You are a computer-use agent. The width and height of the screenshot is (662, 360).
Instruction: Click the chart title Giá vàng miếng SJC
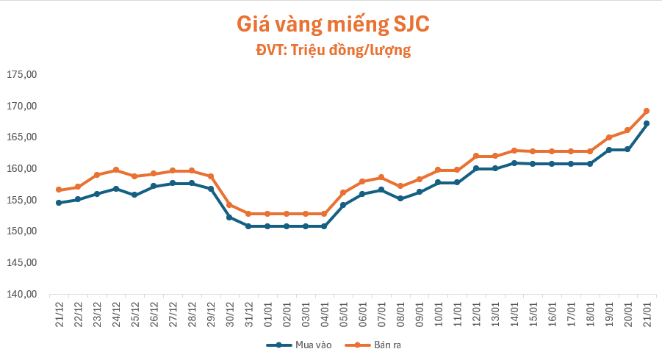(332, 24)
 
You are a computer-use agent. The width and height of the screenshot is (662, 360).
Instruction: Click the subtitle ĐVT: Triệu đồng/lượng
(332, 50)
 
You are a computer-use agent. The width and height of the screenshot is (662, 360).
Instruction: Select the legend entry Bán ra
(376, 344)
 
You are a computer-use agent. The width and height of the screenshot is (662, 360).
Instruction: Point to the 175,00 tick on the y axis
(21, 75)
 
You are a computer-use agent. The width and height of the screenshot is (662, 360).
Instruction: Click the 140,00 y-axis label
(21, 294)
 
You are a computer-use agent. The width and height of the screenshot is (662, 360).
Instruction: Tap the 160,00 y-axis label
(21, 169)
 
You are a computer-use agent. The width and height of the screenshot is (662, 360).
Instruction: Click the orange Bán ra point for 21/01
(647, 111)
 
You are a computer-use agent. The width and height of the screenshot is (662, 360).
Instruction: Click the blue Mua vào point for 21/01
(647, 123)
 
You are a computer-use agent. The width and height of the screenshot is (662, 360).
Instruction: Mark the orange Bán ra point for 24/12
(115, 170)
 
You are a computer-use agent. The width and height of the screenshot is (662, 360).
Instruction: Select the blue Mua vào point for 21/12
(59, 203)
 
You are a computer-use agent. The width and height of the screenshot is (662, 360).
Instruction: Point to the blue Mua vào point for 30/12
(229, 217)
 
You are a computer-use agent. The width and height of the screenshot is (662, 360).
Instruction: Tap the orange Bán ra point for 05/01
(343, 192)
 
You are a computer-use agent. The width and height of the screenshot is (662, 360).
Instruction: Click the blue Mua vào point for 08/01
(400, 198)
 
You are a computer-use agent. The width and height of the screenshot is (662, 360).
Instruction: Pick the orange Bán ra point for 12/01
(476, 156)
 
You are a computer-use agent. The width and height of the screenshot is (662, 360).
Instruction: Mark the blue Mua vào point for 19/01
(608, 150)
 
